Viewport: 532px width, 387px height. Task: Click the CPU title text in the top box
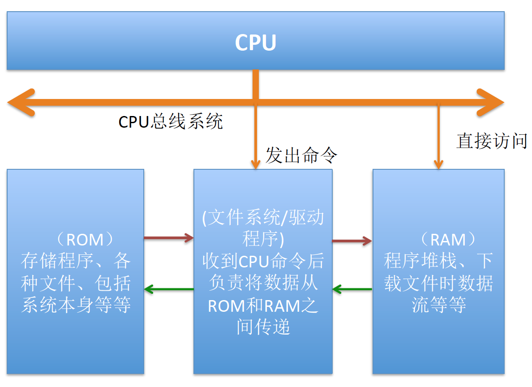pyautogui.click(x=255, y=43)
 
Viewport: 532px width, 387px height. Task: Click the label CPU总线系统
pyautogui.click(x=171, y=122)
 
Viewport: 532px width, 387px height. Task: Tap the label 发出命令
pyautogui.click(x=301, y=156)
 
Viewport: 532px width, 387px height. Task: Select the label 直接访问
pyautogui.click(x=492, y=141)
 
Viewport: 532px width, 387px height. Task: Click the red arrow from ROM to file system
pyautogui.click(x=168, y=238)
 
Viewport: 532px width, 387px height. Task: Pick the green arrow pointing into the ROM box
pyautogui.click(x=168, y=289)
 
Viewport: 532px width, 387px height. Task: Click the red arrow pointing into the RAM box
pyautogui.click(x=352, y=241)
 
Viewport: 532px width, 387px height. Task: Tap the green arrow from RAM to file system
pyautogui.click(x=352, y=289)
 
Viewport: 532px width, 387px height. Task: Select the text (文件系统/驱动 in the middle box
pyautogui.click(x=263, y=218)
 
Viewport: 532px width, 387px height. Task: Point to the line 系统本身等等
pyautogui.click(x=76, y=305)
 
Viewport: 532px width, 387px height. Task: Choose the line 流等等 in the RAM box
pyautogui.click(x=438, y=305)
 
